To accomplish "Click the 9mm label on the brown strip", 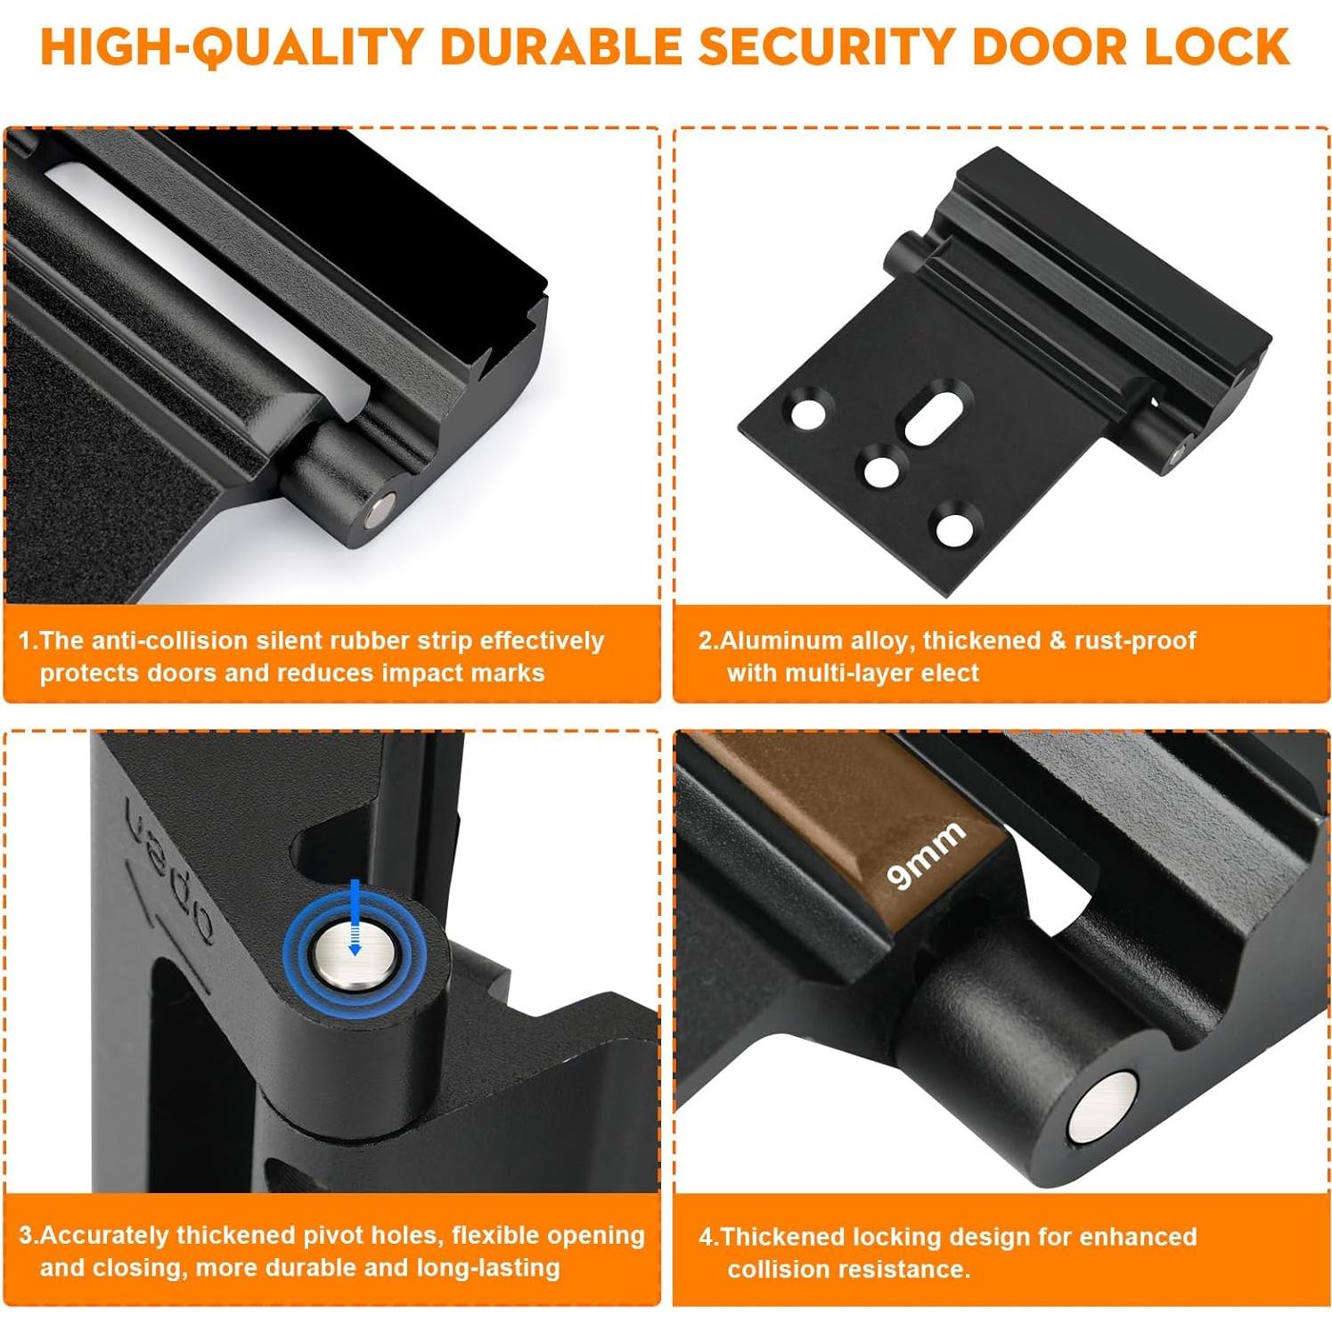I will pyautogui.click(x=927, y=854).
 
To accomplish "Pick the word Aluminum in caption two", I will pyautogui.click(x=772, y=641).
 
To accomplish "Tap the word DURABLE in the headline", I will pyautogui.click(x=561, y=47).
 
